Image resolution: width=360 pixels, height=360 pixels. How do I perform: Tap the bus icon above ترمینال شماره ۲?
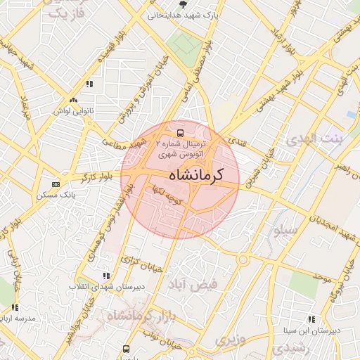click(181, 131)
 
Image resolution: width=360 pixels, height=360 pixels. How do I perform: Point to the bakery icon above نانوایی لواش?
click(74, 101)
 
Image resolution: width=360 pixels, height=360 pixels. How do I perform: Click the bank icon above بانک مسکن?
click(56, 184)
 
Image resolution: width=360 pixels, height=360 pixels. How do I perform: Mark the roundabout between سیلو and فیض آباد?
click(243, 259)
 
